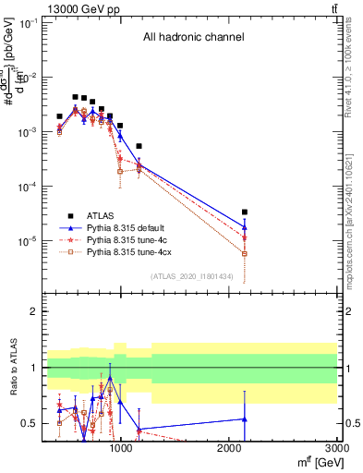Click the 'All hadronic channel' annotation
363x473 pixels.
click(x=193, y=38)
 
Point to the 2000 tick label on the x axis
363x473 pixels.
click(x=229, y=448)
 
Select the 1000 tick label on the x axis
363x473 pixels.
click(x=120, y=448)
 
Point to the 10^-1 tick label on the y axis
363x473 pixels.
click(x=27, y=23)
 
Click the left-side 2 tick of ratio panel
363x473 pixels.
click(x=33, y=311)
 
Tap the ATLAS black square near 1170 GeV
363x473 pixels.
click(x=139, y=146)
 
